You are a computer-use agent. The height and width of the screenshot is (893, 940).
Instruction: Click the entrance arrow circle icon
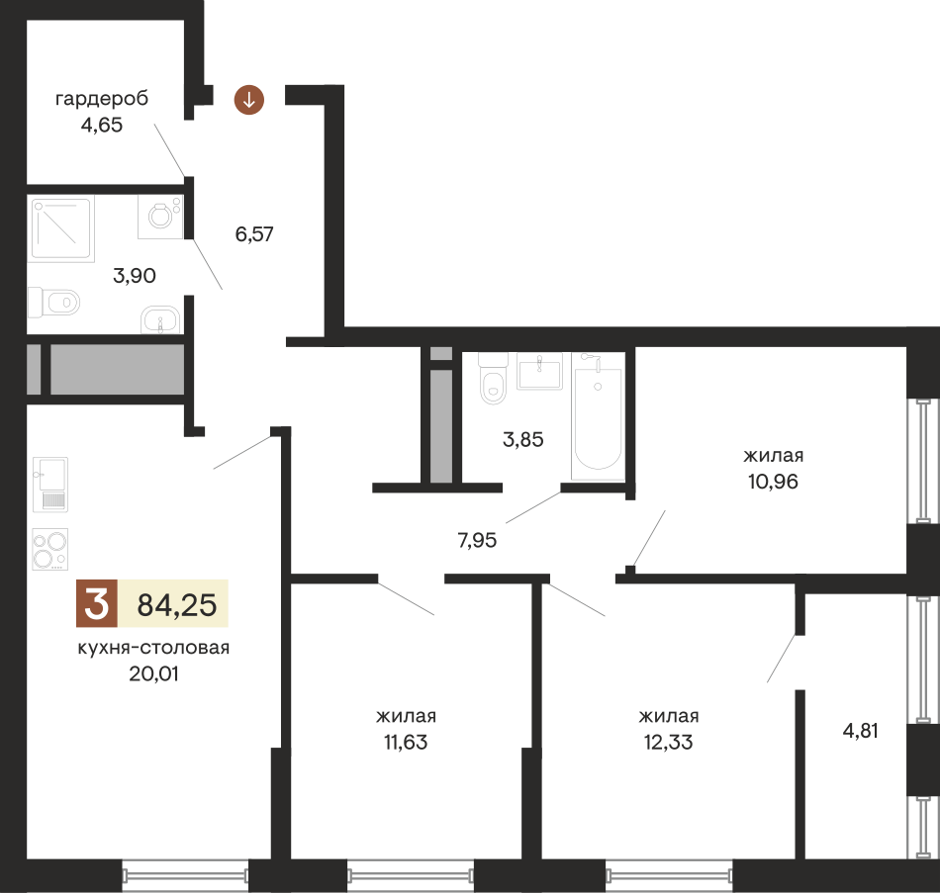click(249, 99)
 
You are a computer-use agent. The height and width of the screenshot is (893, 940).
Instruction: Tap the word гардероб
click(102, 99)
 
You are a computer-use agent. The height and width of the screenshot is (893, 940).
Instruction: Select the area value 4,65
click(102, 126)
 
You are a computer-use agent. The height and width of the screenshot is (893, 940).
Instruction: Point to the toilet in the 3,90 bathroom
click(53, 301)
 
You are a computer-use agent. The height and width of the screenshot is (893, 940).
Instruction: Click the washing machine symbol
click(159, 216)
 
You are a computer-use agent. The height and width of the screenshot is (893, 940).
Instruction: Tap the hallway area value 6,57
click(254, 234)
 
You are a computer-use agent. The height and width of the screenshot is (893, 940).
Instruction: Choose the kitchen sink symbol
click(49, 485)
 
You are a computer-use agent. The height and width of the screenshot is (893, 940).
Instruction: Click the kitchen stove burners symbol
click(49, 550)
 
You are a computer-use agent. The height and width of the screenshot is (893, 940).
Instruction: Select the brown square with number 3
click(96, 603)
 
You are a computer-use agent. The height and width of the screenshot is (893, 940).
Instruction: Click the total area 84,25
click(176, 604)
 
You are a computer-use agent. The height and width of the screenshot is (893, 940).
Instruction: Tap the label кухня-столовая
click(153, 649)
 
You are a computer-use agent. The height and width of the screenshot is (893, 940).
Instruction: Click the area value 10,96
click(773, 482)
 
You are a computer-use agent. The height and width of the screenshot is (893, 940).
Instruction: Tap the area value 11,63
click(406, 742)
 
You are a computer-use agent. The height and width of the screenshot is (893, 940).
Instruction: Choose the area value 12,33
click(668, 742)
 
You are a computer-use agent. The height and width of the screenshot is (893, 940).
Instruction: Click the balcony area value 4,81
click(860, 732)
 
